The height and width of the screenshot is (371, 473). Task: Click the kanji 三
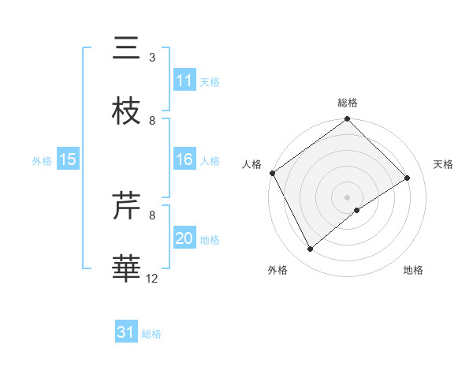tap(126, 49)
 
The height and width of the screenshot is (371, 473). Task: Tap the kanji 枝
tap(126, 111)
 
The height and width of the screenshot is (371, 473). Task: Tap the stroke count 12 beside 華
tap(153, 278)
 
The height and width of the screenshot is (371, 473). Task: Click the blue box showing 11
tap(184, 81)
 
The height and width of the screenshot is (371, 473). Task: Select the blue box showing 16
tap(184, 159)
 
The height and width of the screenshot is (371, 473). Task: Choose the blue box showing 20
tap(184, 238)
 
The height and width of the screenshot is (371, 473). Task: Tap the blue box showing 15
tap(68, 159)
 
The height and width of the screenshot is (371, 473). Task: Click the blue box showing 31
tap(126, 332)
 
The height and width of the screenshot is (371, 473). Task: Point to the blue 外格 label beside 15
tap(42, 160)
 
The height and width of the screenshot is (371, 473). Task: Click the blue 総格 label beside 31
tap(151, 333)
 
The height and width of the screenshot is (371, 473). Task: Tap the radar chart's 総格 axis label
tap(348, 103)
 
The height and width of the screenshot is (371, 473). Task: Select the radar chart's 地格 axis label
tap(413, 270)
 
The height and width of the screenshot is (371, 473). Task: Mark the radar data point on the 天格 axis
tap(408, 178)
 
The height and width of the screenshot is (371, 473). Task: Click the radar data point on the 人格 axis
tap(272, 173)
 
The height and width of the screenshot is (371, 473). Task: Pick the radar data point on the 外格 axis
tap(311, 249)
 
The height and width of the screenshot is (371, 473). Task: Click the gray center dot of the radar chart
tap(348, 197)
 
